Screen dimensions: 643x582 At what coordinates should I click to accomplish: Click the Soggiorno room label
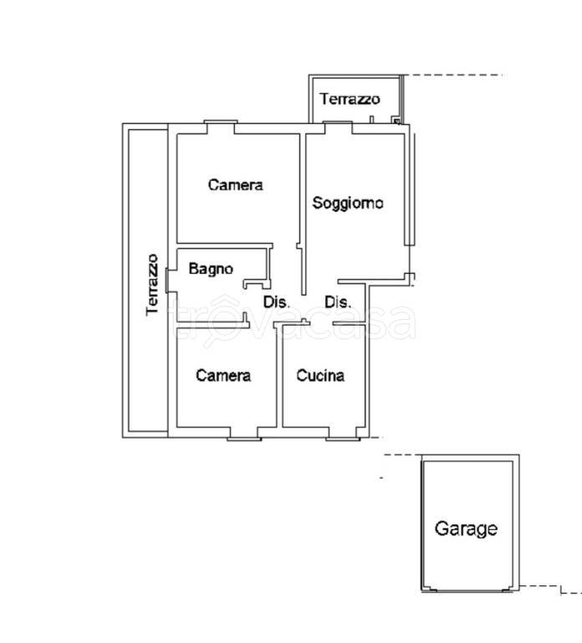point(348,203)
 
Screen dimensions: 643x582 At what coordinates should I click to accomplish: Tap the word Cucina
point(320,376)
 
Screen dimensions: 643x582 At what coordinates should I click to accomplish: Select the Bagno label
point(210,269)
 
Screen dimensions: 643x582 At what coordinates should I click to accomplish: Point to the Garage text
point(466,529)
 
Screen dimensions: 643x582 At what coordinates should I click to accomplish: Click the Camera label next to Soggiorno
point(235,185)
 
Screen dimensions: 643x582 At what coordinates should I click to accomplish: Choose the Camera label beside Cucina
point(223,376)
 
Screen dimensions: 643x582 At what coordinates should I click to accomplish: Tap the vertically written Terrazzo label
point(152,285)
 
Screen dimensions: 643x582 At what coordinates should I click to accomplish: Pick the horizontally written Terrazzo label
point(350,99)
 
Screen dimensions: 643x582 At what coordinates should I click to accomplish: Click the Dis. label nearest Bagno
point(276,302)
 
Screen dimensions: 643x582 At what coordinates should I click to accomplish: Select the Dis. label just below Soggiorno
point(337,302)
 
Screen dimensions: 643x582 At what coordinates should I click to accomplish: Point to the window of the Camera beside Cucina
point(243,437)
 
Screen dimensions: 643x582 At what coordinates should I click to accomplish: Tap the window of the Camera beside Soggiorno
point(219,126)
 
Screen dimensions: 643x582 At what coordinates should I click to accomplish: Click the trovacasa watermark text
point(293,322)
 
